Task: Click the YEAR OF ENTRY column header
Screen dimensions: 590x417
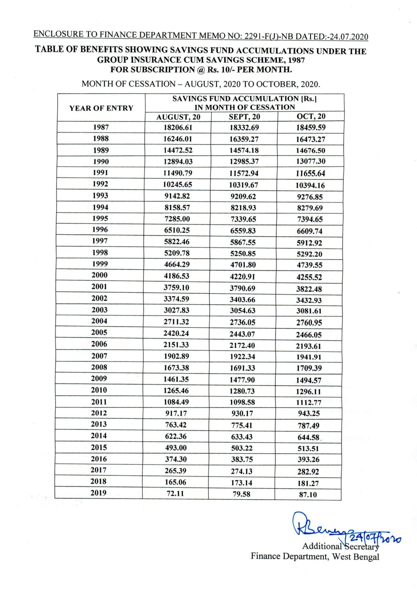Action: tap(101, 108)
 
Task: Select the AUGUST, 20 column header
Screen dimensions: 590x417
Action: tap(178, 117)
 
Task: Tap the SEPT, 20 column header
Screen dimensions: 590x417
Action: tap(244, 117)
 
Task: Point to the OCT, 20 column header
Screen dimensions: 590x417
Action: tap(311, 116)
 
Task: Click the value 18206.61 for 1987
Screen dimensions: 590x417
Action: tap(178, 127)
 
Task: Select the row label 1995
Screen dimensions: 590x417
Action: tap(100, 218)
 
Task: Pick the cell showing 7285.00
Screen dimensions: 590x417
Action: tap(177, 219)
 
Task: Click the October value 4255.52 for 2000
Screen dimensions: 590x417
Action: tap(309, 277)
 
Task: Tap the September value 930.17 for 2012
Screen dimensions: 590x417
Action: tap(242, 414)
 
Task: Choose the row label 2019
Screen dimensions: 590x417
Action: tap(98, 493)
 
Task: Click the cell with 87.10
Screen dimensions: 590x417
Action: tap(308, 495)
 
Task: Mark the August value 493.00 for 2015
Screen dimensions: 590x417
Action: tap(176, 448)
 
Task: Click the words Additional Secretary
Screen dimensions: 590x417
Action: tap(340, 546)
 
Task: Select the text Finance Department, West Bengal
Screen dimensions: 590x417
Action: tap(315, 556)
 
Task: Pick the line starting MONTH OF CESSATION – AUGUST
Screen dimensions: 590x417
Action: tap(201, 84)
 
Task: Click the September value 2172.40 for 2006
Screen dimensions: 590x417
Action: tap(243, 345)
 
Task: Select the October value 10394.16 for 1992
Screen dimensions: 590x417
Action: tap(310, 186)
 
